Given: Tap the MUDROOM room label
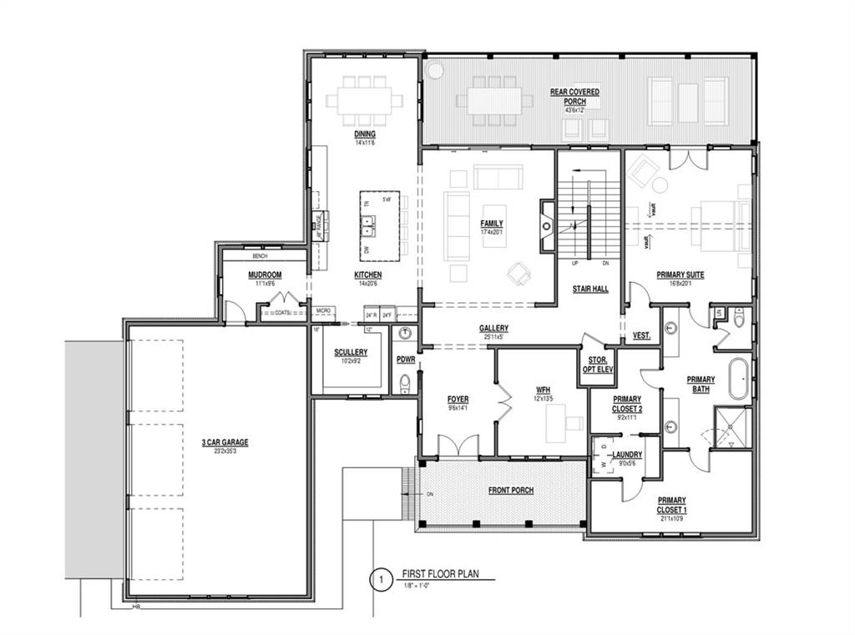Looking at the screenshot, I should pyautogui.click(x=264, y=275).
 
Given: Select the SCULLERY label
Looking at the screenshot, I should pyautogui.click(x=351, y=352).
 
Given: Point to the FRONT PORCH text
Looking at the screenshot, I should pyautogui.click(x=510, y=490).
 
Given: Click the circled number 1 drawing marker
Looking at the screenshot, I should pyautogui.click(x=381, y=579).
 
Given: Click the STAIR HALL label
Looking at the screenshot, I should pyautogui.click(x=589, y=289).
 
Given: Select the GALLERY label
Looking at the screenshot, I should pyautogui.click(x=493, y=328).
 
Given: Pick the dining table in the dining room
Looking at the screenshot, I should pyautogui.click(x=363, y=100).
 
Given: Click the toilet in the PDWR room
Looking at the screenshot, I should pyautogui.click(x=405, y=382).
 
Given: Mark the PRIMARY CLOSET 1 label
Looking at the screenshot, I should pyautogui.click(x=671, y=504).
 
